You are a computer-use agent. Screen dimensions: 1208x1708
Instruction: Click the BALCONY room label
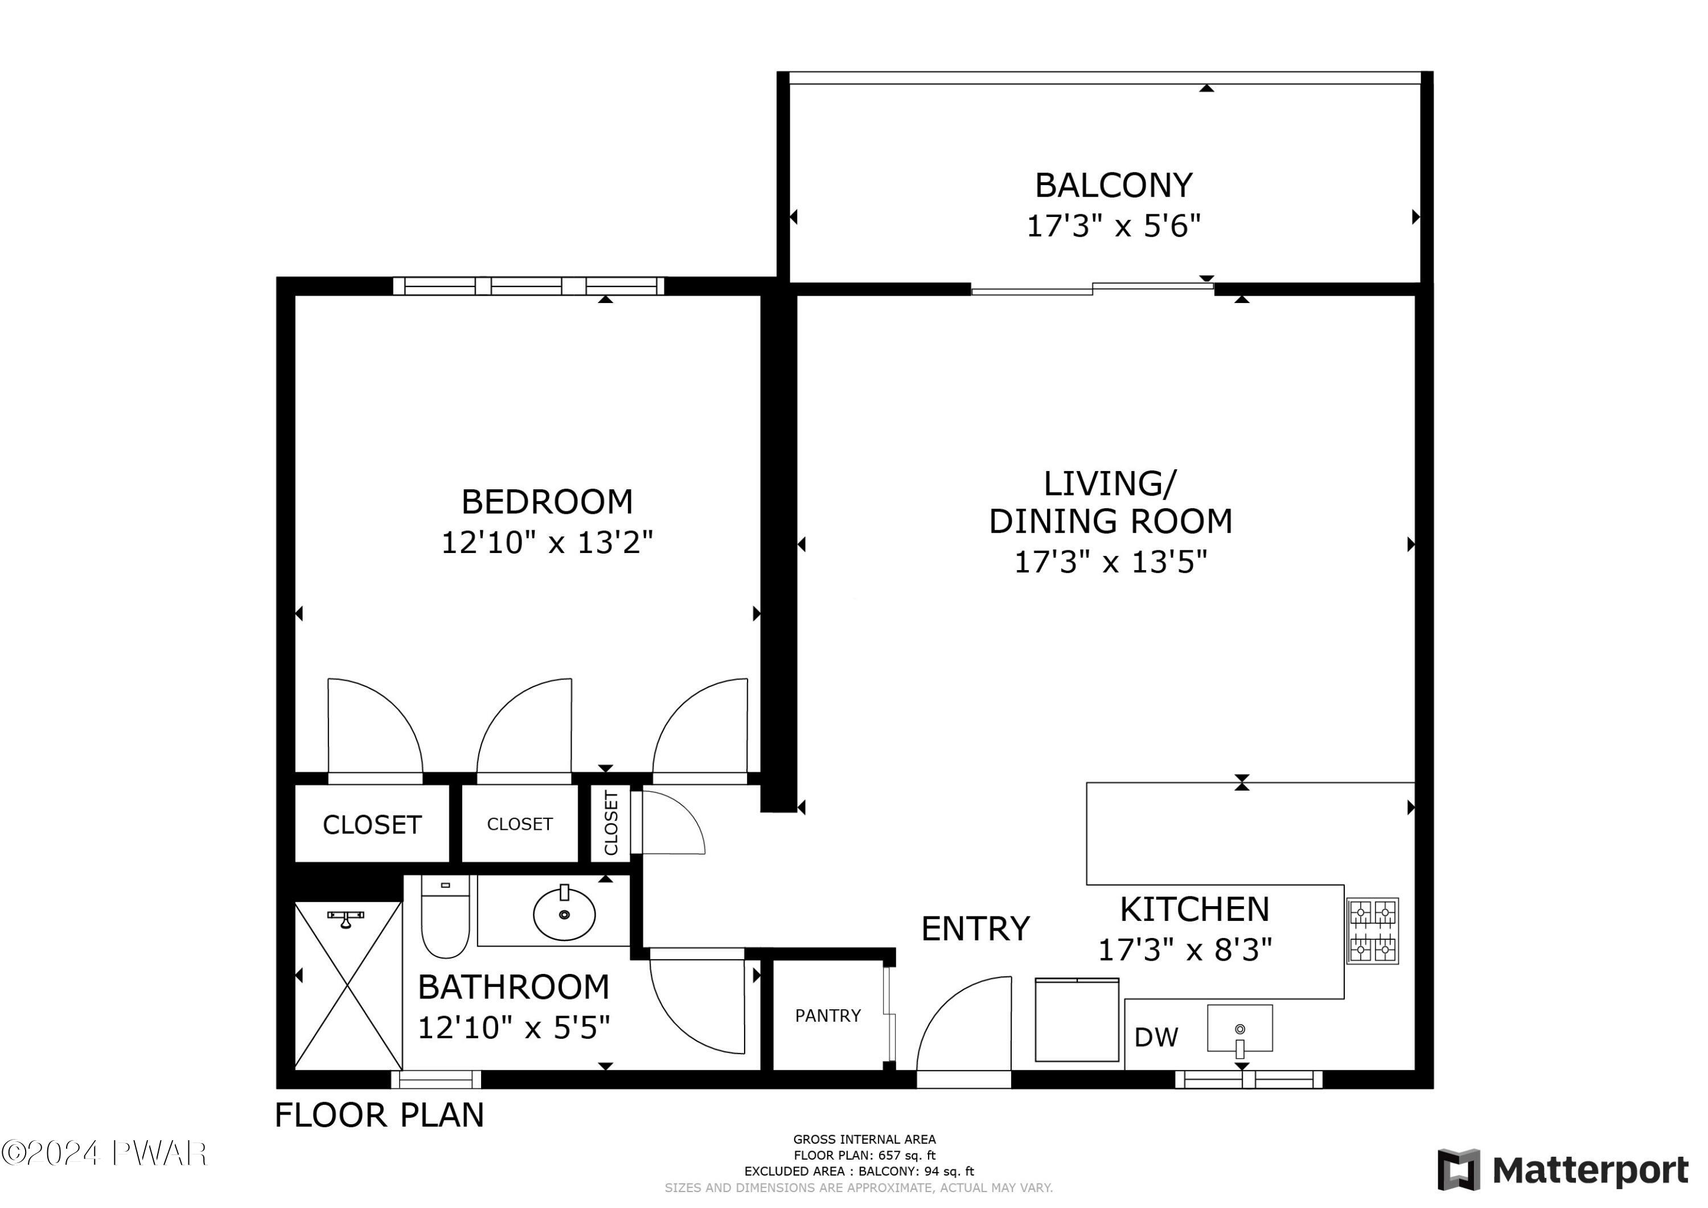coord(1114,185)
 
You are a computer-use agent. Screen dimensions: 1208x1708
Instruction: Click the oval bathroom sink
coord(564,913)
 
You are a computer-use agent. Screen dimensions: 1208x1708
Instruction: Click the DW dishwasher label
coord(1156,1037)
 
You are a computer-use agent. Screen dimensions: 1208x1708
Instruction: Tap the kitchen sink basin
coord(1239,1028)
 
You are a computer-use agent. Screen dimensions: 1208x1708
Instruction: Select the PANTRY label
coord(828,1016)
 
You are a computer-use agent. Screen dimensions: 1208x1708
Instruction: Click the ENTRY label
coord(975,929)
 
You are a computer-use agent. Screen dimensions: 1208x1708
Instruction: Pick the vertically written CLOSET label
coord(611,823)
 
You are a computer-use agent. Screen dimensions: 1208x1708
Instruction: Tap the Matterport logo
coord(1562,1170)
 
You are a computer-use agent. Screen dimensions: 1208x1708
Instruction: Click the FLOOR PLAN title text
coord(379,1115)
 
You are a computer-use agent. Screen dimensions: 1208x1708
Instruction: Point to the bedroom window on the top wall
coord(528,286)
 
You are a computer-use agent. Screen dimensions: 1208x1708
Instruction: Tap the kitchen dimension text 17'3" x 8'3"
coord(1185,950)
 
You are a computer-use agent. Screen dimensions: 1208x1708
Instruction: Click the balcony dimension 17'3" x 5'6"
coord(1114,226)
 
